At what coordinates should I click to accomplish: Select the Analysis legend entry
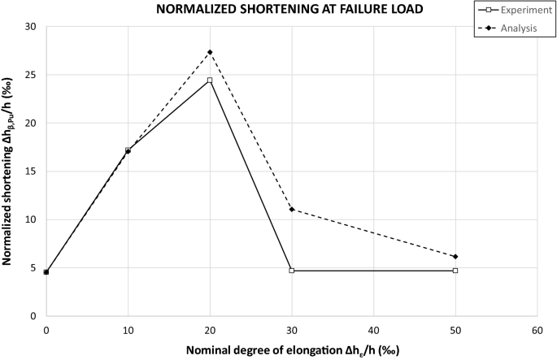[x=503, y=28]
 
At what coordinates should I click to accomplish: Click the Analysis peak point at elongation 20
[x=210, y=52]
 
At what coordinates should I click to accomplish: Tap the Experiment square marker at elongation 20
[x=210, y=80]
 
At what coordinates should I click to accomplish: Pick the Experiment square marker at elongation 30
[x=292, y=270]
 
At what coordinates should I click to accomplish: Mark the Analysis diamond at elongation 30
[x=292, y=210]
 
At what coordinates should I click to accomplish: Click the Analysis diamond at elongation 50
[x=455, y=257]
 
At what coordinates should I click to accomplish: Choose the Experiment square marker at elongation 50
[x=455, y=270]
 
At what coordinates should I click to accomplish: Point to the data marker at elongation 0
[x=46, y=271]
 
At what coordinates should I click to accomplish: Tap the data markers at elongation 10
[x=128, y=150]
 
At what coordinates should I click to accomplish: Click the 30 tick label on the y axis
[x=31, y=27]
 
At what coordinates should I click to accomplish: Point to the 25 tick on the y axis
[x=31, y=75]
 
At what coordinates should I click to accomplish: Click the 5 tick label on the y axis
[x=33, y=267]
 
